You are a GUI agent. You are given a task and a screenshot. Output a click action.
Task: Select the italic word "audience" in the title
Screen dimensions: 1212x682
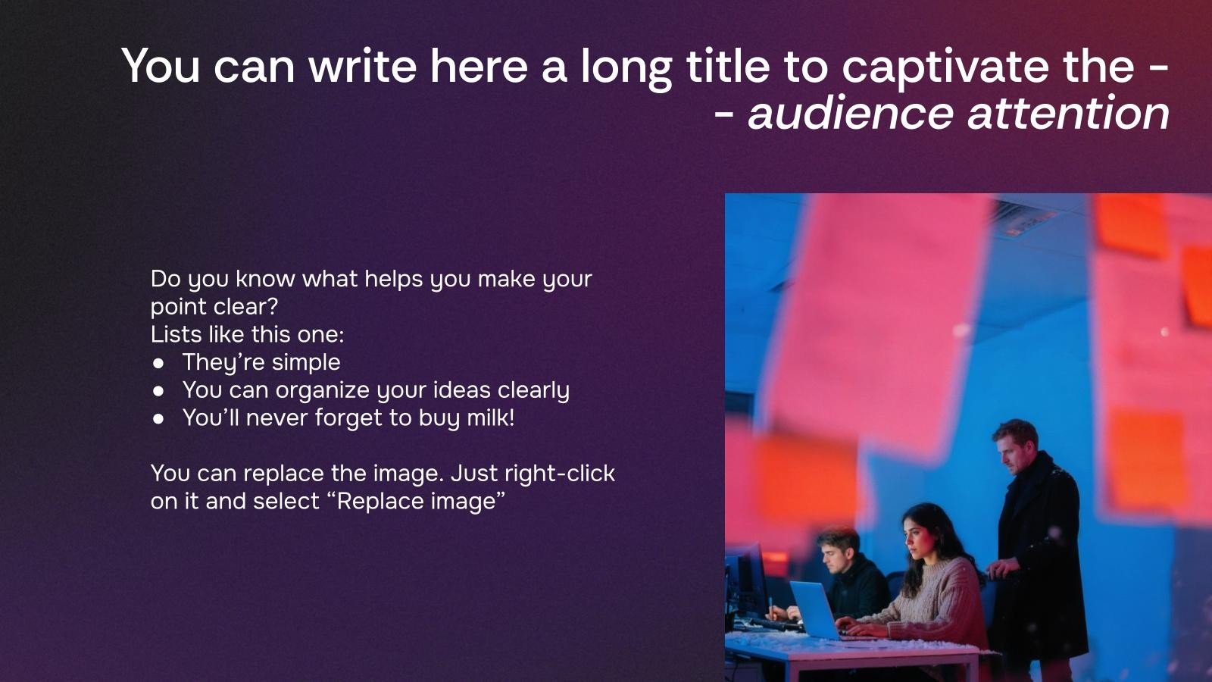pos(850,114)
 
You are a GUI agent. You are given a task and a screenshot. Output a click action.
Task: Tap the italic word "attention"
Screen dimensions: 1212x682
pos(1069,114)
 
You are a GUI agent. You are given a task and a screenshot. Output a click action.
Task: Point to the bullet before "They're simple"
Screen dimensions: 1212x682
pos(158,363)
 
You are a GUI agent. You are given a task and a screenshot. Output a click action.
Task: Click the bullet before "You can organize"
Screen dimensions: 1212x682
pos(158,391)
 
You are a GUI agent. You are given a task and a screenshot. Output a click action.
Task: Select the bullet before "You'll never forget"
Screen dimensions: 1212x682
pos(158,418)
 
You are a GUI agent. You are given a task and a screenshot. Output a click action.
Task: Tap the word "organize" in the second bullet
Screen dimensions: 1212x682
pos(323,391)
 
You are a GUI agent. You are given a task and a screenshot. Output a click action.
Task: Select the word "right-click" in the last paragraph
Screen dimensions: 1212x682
pos(560,474)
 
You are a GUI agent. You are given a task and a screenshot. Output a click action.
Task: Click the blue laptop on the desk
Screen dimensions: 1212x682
pos(814,609)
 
